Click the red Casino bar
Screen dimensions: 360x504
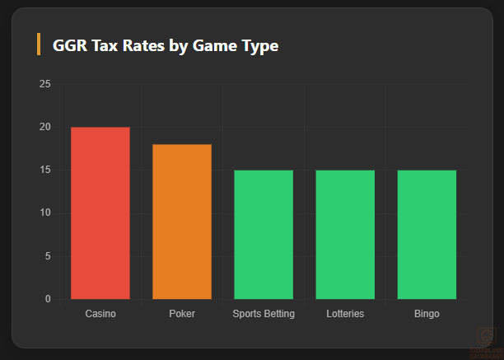coord(100,213)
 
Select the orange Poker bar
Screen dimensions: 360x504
coord(182,222)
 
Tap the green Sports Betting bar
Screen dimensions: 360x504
coord(264,234)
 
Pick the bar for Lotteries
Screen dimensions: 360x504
coord(345,234)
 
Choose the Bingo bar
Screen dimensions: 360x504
coord(427,234)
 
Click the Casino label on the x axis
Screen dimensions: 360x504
coord(100,315)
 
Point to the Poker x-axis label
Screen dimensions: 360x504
coord(182,315)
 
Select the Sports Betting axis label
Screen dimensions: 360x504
coord(264,315)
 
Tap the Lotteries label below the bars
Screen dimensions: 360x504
coord(345,315)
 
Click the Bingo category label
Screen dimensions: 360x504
coord(427,315)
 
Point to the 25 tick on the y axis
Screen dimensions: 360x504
coord(44,85)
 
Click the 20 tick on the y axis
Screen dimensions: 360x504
coord(44,128)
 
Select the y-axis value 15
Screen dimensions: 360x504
coord(44,171)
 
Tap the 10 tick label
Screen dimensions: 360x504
coord(44,213)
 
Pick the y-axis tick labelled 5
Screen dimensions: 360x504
coord(47,256)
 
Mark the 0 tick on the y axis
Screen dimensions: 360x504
coord(47,299)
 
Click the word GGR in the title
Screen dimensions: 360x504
coord(71,45)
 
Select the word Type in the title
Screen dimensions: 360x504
coord(259,45)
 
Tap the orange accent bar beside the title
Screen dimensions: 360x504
coord(39,44)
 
